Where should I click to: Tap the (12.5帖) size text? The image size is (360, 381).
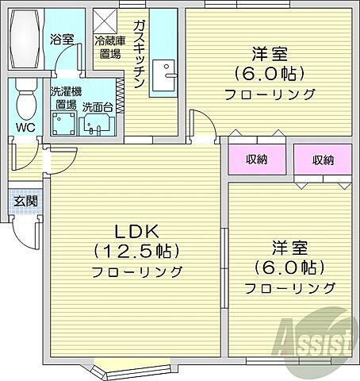[x=137, y=252]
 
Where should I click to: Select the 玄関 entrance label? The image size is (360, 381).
[x=25, y=201]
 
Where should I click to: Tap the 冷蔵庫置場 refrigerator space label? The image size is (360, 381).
[x=109, y=48]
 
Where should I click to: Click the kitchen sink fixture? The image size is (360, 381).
[x=166, y=76]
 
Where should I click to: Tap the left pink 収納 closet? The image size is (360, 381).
[x=255, y=160]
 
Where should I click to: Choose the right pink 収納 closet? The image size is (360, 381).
[x=322, y=160]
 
